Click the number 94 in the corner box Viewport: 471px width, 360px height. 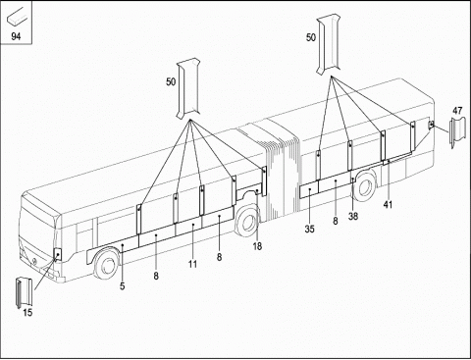pyautogui.click(x=16, y=36)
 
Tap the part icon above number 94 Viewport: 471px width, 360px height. pyautogui.click(x=17, y=17)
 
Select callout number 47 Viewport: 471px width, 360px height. pyautogui.click(x=457, y=111)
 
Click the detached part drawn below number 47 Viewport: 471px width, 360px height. pyautogui.click(x=457, y=132)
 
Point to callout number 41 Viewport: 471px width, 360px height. pyautogui.click(x=388, y=205)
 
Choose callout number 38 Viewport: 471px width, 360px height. pyautogui.click(x=353, y=216)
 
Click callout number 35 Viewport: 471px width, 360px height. pyautogui.click(x=309, y=229)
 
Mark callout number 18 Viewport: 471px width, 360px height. pyautogui.click(x=257, y=246)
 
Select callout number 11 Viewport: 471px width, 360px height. pyautogui.click(x=192, y=264)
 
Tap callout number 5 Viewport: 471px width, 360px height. pyautogui.click(x=122, y=286)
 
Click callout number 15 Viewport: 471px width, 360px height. pyautogui.click(x=27, y=313)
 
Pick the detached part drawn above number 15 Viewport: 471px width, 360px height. pyautogui.click(x=25, y=292)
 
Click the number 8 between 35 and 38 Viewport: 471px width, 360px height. pyautogui.click(x=336, y=221)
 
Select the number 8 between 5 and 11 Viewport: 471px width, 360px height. pyautogui.click(x=156, y=276)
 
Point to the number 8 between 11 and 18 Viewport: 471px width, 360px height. pyautogui.click(x=219, y=257)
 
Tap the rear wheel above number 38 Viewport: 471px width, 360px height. pyautogui.click(x=365, y=185)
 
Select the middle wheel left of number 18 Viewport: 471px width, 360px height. pyautogui.click(x=247, y=222)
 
